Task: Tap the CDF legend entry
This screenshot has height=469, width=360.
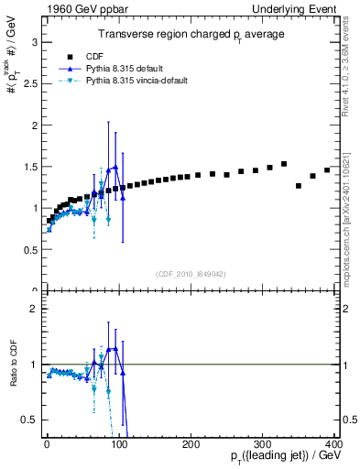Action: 106,56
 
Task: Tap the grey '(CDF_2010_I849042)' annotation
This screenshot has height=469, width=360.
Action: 191,272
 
